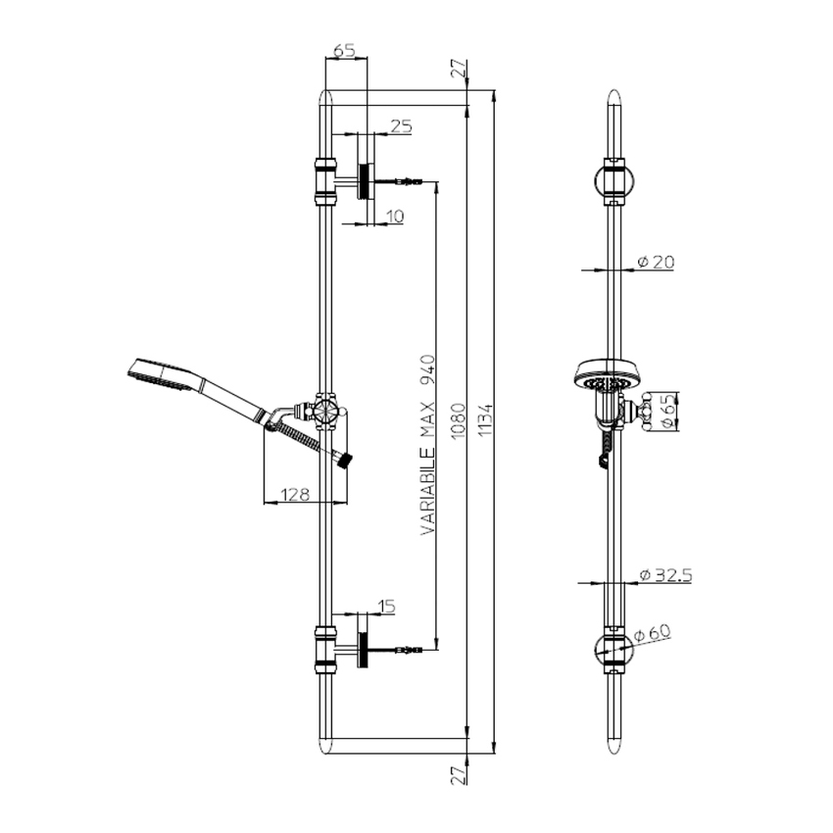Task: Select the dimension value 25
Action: coord(401,125)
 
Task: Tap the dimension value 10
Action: coord(393,216)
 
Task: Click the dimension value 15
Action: coord(385,608)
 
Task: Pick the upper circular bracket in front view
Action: coord(613,179)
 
